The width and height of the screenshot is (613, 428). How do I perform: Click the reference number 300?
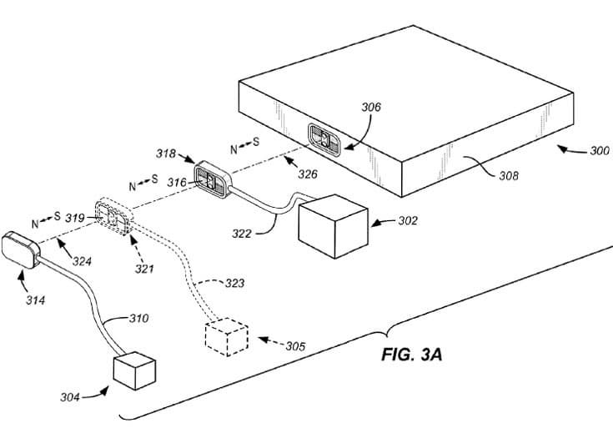[598, 151]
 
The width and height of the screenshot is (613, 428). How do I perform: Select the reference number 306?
[371, 108]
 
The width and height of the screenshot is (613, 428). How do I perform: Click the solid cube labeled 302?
[330, 225]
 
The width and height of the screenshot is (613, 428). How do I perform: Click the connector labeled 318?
[213, 179]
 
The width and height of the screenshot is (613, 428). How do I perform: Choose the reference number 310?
[138, 318]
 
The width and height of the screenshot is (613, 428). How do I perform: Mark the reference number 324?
[81, 261]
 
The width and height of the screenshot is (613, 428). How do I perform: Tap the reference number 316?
[176, 182]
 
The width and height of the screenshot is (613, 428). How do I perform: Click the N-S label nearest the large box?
[244, 145]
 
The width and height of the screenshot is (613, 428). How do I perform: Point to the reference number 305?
[294, 345]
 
